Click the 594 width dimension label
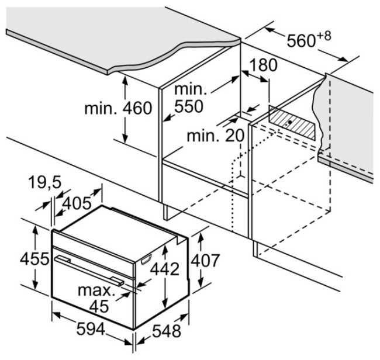[91, 329]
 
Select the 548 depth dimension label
[167, 331]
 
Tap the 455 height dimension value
[34, 259]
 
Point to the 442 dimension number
[165, 269]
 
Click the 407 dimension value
[205, 261]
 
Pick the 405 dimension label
[77, 203]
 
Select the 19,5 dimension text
[45, 182]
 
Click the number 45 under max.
[99, 307]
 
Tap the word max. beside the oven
[96, 290]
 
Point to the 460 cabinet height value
[137, 108]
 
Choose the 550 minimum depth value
[189, 106]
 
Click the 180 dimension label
[263, 65]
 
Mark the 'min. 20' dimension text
[216, 136]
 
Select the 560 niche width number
[301, 41]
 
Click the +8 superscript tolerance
[324, 36]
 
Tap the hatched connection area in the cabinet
[292, 123]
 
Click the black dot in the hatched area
[289, 122]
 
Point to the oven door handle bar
[89, 271]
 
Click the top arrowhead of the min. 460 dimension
[125, 79]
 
